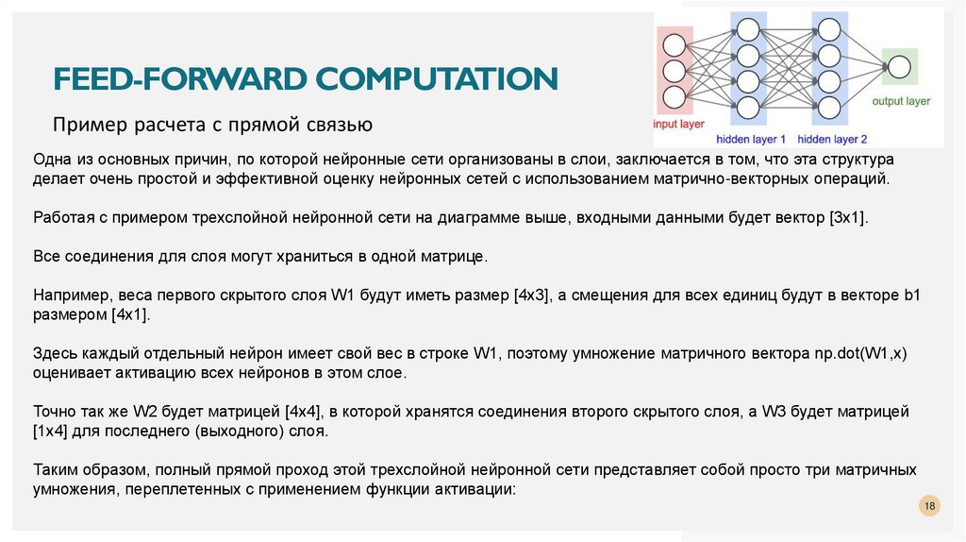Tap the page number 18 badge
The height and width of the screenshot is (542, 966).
pyautogui.click(x=929, y=507)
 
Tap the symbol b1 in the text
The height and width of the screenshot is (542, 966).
pyautogui.click(x=910, y=295)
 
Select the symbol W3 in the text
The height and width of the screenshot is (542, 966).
pyautogui.click(x=792, y=413)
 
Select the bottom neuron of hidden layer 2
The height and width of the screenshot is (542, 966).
pyautogui.click(x=828, y=106)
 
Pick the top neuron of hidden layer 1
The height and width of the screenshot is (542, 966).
pyautogui.click(x=748, y=28)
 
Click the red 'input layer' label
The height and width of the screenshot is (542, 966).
pyautogui.click(x=676, y=123)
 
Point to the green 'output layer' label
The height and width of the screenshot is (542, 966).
pyautogui.click(x=900, y=100)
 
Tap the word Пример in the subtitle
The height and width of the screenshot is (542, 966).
pyautogui.click(x=82, y=124)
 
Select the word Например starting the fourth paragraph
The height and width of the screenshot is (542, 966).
pyautogui.click(x=68, y=295)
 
